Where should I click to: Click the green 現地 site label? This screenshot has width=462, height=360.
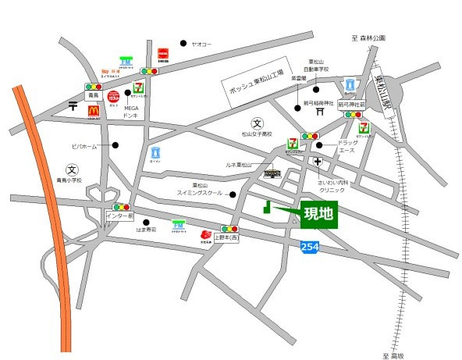pyautogui.click(x=318, y=214)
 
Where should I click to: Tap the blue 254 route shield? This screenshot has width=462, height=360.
pyautogui.click(x=309, y=246)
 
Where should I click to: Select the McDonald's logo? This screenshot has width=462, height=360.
pyautogui.click(x=93, y=112)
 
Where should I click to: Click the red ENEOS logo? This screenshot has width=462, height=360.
pyautogui.click(x=164, y=55)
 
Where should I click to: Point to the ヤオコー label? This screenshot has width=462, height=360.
pyautogui.click(x=202, y=44)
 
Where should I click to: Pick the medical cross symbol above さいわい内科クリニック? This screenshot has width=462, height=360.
pyautogui.click(x=318, y=162)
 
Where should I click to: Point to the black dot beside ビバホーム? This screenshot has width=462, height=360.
pyautogui.click(x=115, y=145)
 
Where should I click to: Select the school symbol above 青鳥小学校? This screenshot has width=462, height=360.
pyautogui.click(x=71, y=169)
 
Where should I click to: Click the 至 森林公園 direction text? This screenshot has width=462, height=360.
pyautogui.click(x=368, y=37)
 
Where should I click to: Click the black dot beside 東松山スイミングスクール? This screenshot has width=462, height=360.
pyautogui.click(x=233, y=193)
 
